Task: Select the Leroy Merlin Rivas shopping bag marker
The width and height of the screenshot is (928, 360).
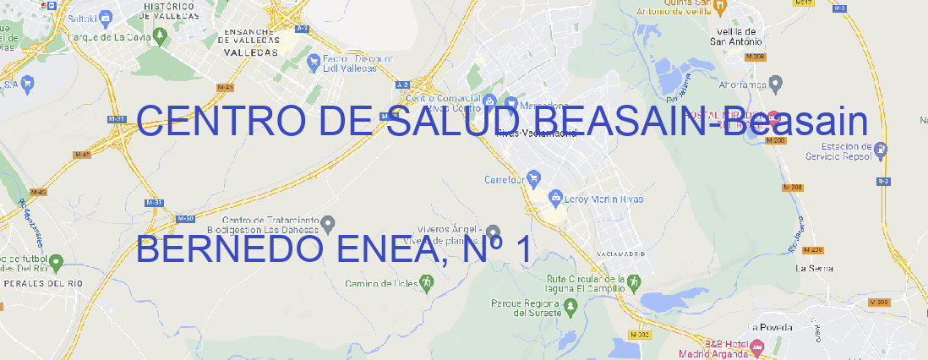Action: pyautogui.click(x=555, y=199)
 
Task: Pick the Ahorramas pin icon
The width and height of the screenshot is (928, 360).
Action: pyautogui.click(x=777, y=83)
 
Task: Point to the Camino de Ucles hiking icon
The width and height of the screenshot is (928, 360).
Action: pyautogui.click(x=426, y=283)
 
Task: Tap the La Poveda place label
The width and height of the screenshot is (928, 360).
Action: pyautogui.click(x=770, y=327)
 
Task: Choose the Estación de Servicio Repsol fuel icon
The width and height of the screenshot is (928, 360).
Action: pyautogui.click(x=882, y=150)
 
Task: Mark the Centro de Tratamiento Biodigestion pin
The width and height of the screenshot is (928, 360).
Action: pyautogui.click(x=329, y=223)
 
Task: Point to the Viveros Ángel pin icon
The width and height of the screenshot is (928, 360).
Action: pyautogui.click(x=494, y=233)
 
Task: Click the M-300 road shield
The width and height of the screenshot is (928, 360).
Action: pyautogui.click(x=880, y=302)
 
